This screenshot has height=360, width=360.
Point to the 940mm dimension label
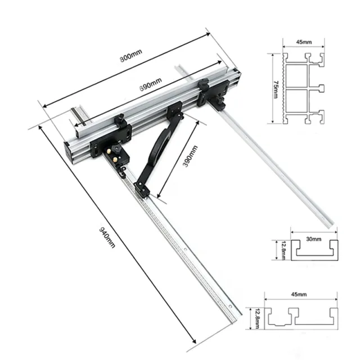[x=106, y=235]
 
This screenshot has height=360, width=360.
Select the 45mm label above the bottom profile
[x=299, y=295]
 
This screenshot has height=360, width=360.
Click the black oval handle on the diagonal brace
[x=159, y=146]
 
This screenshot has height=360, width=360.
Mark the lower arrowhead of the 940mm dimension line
[x=195, y=341]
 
